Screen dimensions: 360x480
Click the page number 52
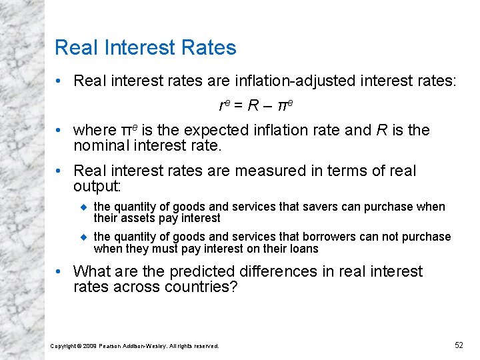point(459,345)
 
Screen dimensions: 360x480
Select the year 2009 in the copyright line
point(88,346)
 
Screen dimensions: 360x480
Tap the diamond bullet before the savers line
point(84,207)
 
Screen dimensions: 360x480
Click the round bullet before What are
point(60,272)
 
